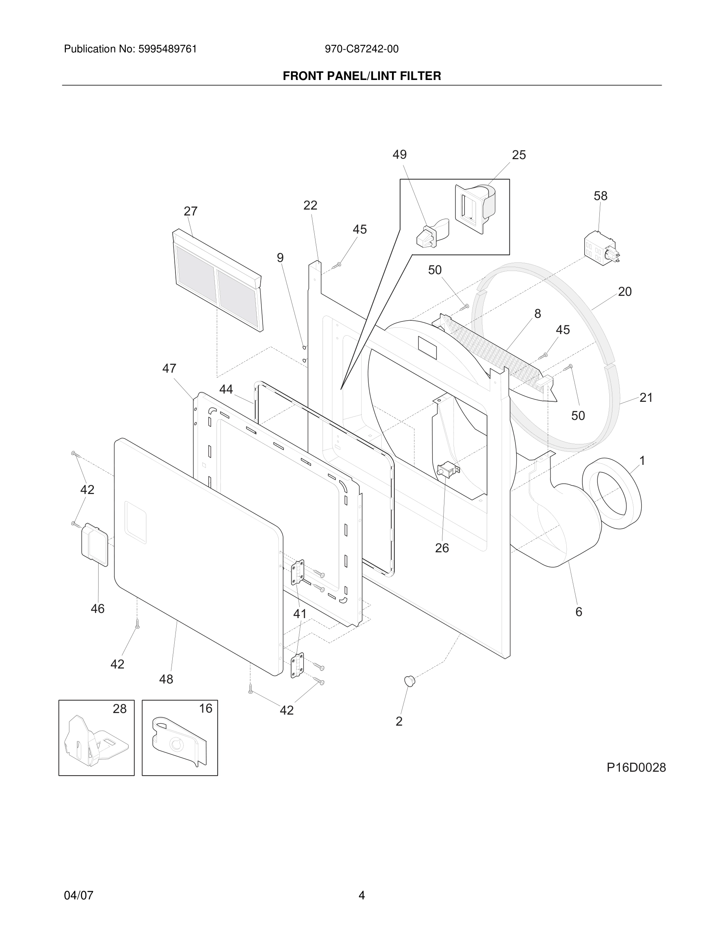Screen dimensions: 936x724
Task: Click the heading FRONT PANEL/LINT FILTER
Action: (362, 76)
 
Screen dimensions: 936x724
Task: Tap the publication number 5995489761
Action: (167, 49)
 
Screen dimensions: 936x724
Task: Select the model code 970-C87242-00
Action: (362, 49)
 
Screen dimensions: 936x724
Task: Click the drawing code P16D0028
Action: (636, 767)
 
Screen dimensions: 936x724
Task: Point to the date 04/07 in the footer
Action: (78, 883)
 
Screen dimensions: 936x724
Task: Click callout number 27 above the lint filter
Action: (190, 211)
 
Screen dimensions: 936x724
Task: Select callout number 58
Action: (601, 196)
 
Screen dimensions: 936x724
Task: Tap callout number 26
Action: (442, 548)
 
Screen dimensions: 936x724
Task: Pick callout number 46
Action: (97, 609)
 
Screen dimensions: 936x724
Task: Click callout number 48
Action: (166, 679)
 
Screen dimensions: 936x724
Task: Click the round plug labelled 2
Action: (410, 680)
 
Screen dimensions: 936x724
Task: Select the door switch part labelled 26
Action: (447, 471)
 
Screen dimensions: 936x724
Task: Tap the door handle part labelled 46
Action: (94, 543)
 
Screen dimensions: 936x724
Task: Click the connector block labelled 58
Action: (601, 249)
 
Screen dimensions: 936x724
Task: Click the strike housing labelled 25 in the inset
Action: (474, 208)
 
